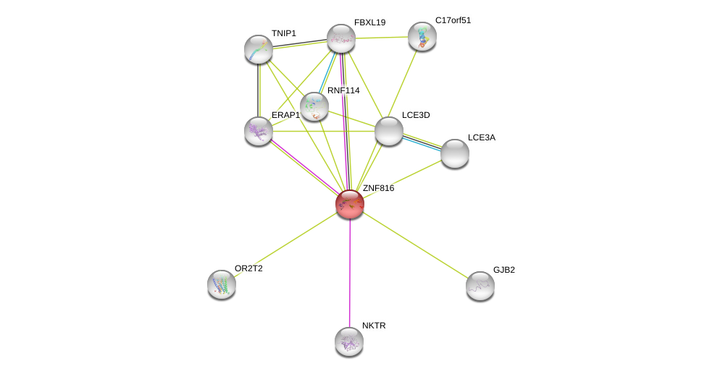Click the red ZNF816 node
click(x=350, y=204)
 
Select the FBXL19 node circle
click(x=341, y=38)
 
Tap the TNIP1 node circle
click(x=259, y=49)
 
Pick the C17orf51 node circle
click(x=422, y=36)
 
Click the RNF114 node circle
click(x=314, y=106)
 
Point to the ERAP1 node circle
click(x=259, y=131)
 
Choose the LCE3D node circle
click(x=389, y=131)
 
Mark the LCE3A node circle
click(x=455, y=153)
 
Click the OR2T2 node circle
click(x=222, y=284)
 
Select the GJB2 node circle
click(x=480, y=286)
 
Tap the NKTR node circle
click(x=349, y=341)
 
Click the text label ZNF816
click(x=378, y=188)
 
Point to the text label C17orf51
click(x=453, y=20)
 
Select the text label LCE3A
click(x=481, y=137)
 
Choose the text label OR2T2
click(x=248, y=268)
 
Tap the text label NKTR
click(x=374, y=326)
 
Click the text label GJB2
click(x=503, y=270)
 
